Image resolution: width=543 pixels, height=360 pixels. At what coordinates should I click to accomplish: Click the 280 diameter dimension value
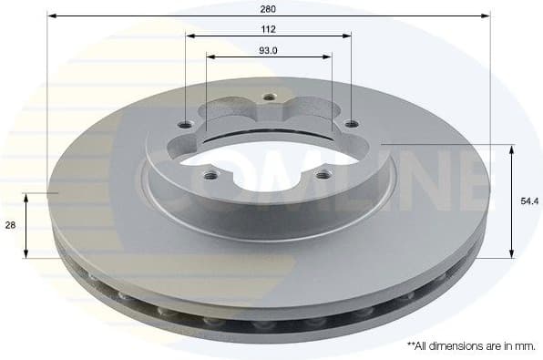[x=268, y=8]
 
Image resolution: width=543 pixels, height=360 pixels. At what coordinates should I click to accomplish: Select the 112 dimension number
[x=268, y=28]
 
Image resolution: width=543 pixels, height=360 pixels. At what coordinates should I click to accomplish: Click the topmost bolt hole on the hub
[x=268, y=97]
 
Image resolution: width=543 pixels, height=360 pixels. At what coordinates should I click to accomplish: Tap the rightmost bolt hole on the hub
[x=351, y=125]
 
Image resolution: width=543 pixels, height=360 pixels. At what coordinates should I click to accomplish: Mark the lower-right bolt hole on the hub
[x=322, y=172]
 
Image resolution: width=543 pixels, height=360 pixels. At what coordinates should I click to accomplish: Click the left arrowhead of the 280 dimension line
[x=51, y=15]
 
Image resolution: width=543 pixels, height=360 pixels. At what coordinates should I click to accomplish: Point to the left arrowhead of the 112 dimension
[x=190, y=36]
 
